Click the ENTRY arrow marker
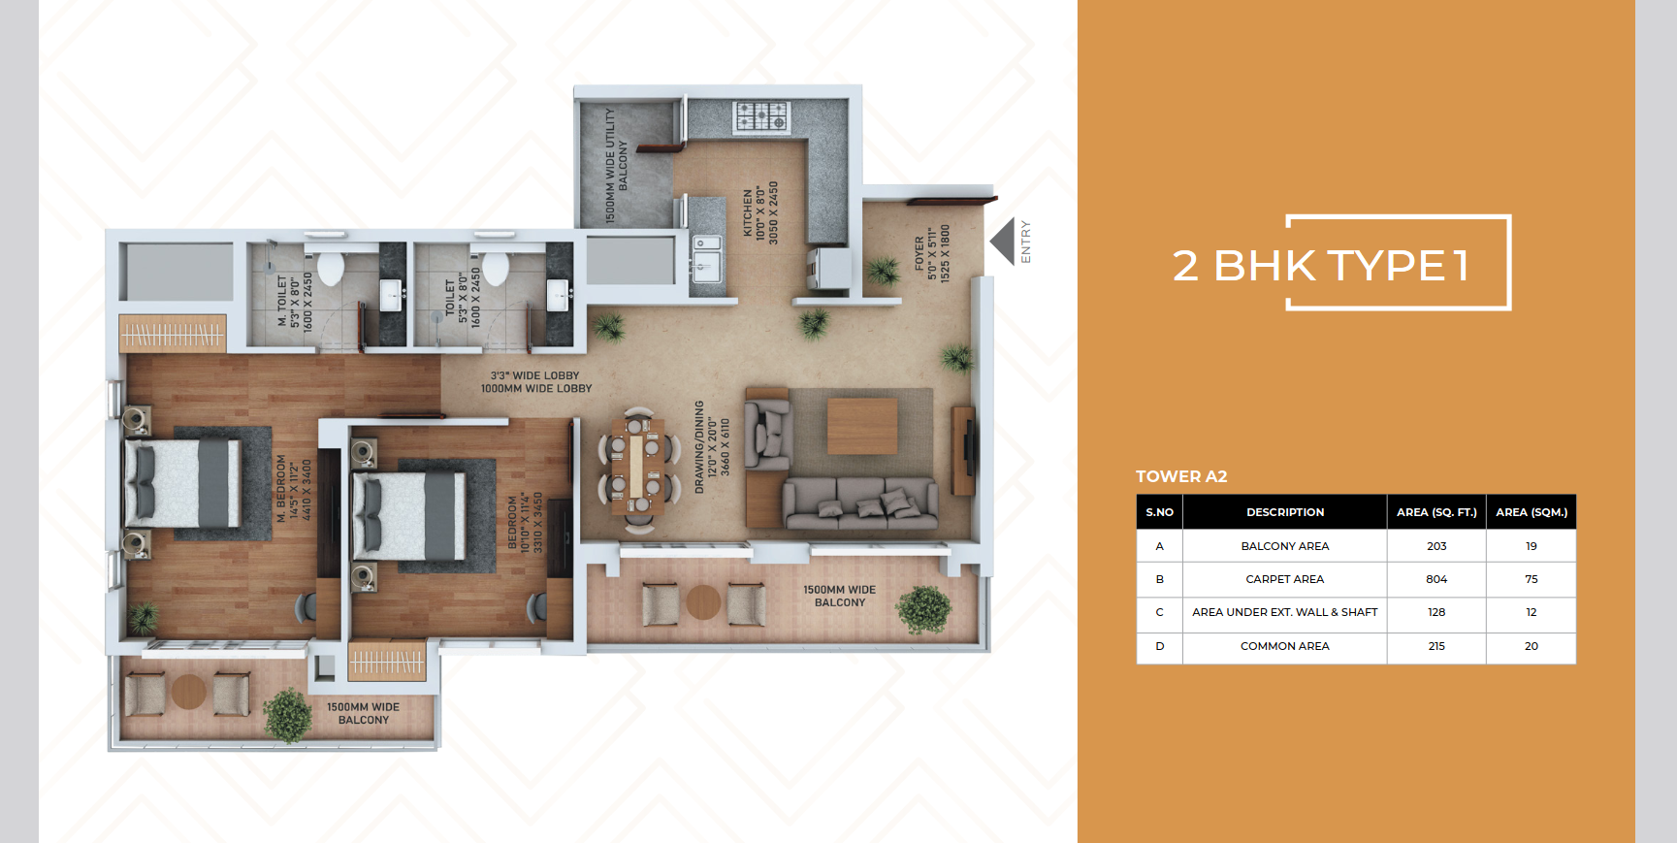(x=1003, y=242)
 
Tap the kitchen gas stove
(x=760, y=116)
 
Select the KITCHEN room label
(x=760, y=212)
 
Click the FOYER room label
(x=932, y=254)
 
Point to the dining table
(x=638, y=460)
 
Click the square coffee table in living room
(x=862, y=426)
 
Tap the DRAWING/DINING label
(x=712, y=447)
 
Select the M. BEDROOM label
(x=294, y=489)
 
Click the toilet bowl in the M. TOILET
(x=330, y=268)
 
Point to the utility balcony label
(x=616, y=165)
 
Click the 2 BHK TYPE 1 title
(x=1321, y=265)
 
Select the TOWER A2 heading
(x=1181, y=476)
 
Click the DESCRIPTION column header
(x=1285, y=512)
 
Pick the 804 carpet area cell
(x=1436, y=579)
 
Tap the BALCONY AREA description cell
(x=1285, y=546)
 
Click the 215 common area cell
(x=1436, y=646)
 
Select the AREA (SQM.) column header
(x=1532, y=512)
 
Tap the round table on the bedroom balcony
(x=188, y=692)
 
